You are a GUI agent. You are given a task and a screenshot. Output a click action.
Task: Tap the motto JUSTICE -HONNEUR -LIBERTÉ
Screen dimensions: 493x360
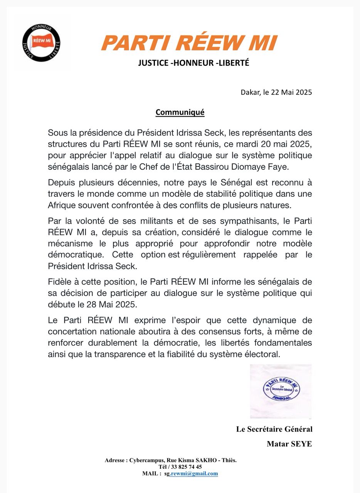(193, 63)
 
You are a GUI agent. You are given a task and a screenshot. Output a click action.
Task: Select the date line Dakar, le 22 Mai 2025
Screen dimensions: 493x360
(276, 92)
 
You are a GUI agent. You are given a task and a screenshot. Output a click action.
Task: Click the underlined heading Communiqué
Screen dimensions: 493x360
(180, 112)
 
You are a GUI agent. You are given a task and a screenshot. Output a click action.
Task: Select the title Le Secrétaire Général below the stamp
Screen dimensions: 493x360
(274, 429)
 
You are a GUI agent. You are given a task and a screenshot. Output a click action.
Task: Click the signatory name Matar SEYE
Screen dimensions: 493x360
(289, 444)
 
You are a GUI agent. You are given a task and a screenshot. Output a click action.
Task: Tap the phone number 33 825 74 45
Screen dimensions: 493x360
(185, 467)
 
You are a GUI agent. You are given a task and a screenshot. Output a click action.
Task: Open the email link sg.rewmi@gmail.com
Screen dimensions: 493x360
(191, 473)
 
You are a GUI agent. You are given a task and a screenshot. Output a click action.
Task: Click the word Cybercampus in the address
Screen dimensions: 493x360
(147, 460)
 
